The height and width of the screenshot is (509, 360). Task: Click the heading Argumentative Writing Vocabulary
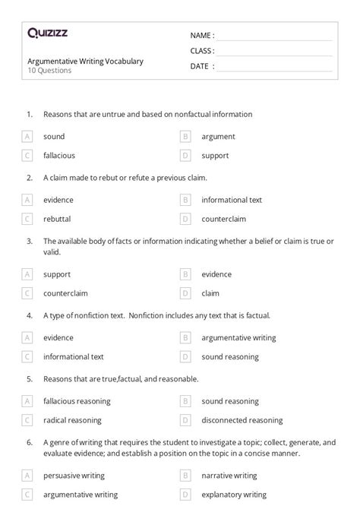pyautogui.click(x=85, y=61)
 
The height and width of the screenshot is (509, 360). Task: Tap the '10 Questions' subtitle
pyautogui.click(x=49, y=71)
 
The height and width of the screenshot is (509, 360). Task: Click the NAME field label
pyautogui.click(x=201, y=35)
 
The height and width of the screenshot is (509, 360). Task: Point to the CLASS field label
pyautogui.click(x=202, y=51)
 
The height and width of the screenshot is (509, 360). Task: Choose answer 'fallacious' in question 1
pyautogui.click(x=59, y=155)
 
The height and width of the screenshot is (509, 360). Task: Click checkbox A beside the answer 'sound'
pyautogui.click(x=27, y=137)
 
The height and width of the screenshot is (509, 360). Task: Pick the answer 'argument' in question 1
pyautogui.click(x=218, y=137)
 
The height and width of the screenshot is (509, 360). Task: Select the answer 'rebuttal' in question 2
pyautogui.click(x=57, y=219)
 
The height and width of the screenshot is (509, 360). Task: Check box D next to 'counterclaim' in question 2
pyautogui.click(x=185, y=219)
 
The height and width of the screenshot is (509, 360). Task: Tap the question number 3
pyautogui.click(x=29, y=241)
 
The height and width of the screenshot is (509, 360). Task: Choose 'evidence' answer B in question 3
pyautogui.click(x=216, y=274)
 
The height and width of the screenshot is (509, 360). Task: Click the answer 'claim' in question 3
pyautogui.click(x=210, y=292)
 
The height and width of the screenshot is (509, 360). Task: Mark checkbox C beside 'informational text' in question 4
pyautogui.click(x=27, y=356)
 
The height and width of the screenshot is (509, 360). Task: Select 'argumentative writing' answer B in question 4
pyautogui.click(x=238, y=338)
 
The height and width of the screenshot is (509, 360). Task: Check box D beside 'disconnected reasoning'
pyautogui.click(x=185, y=420)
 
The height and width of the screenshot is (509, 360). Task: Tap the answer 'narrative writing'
pyautogui.click(x=229, y=476)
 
